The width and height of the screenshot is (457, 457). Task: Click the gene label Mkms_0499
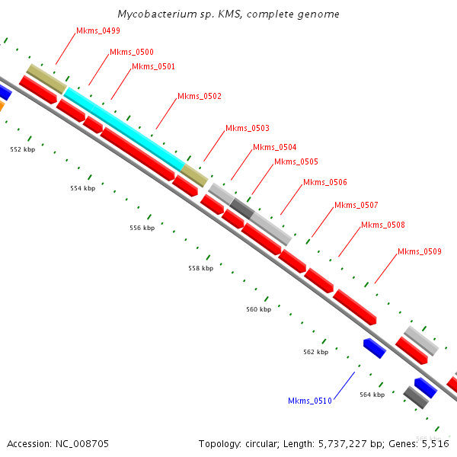(98, 31)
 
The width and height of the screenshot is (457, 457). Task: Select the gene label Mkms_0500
(132, 53)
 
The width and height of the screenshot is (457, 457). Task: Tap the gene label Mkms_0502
(200, 97)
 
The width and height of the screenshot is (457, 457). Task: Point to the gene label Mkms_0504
(275, 148)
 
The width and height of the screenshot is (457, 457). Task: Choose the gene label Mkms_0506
(325, 183)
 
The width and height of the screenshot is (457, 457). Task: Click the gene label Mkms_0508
(383, 225)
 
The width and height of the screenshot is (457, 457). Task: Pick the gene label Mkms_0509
(420, 252)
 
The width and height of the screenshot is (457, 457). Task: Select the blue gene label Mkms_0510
(310, 401)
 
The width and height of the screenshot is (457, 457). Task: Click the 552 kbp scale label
(22, 150)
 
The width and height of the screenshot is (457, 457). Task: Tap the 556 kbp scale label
(142, 228)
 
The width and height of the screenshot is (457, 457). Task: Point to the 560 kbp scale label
(259, 310)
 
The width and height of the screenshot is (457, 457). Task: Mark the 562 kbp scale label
(315, 353)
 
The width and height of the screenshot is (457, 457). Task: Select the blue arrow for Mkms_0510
(374, 348)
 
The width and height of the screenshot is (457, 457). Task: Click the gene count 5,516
(433, 443)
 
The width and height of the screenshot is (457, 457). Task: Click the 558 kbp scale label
(200, 269)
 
